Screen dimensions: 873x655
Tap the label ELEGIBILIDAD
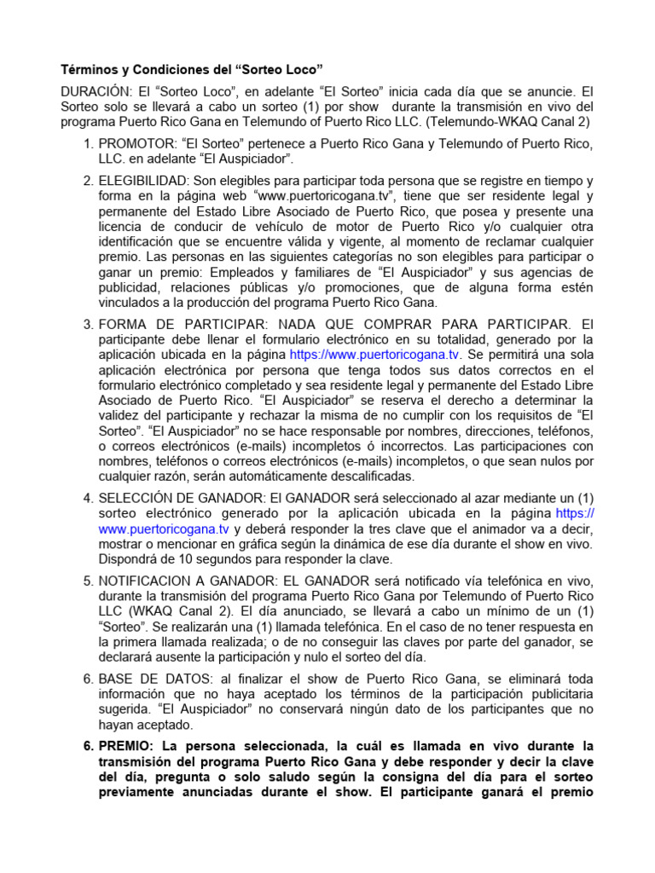coord(143,182)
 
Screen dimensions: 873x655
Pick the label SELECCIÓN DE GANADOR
coord(171,497)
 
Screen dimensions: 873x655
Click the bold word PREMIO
coord(125,746)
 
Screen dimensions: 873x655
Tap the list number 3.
coord(87,325)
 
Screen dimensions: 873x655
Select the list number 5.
coord(87,581)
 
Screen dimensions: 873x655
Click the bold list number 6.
coord(87,746)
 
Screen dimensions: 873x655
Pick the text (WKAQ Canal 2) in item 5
coord(187,611)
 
